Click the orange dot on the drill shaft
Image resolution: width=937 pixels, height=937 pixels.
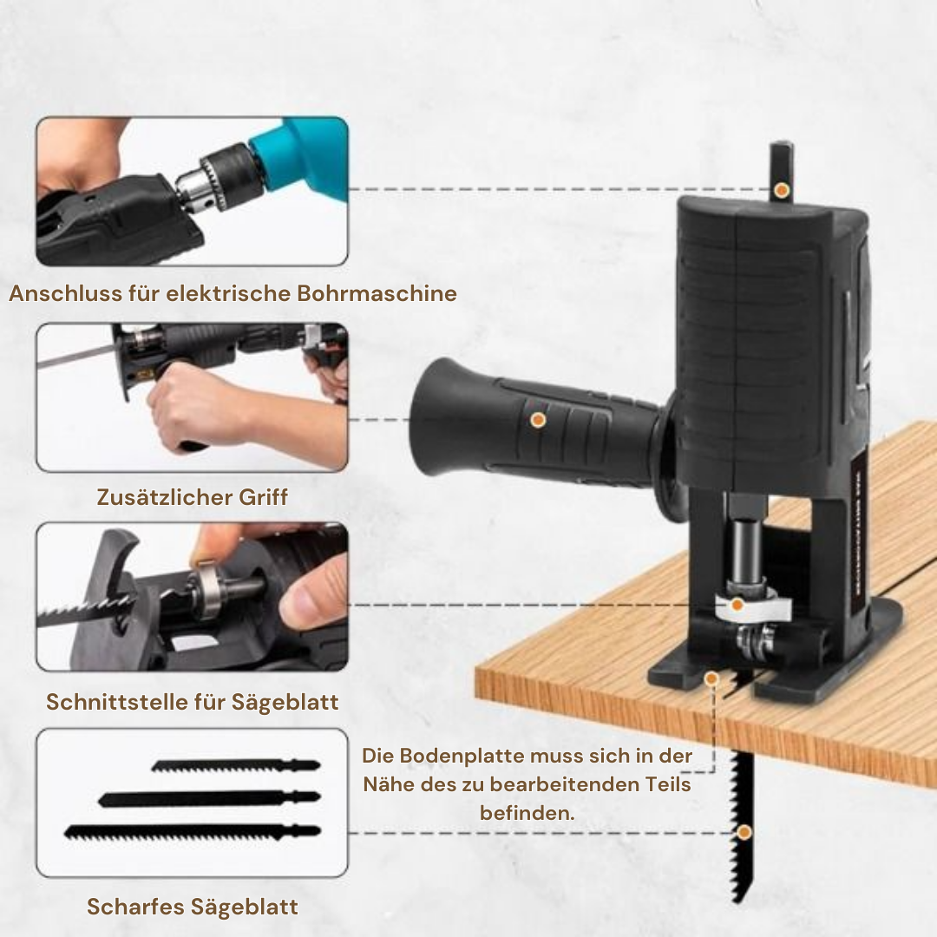point(782,189)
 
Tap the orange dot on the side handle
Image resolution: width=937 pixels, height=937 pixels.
point(538,420)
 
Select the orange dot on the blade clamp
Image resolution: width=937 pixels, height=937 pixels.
point(737,605)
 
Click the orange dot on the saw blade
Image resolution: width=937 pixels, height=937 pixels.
point(744,832)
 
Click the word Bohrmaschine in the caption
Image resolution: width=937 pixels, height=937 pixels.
point(377,293)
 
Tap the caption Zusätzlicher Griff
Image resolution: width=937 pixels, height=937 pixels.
point(192,497)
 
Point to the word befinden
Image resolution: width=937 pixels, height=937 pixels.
point(527,813)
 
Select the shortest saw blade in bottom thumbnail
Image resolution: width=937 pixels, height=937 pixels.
point(235,765)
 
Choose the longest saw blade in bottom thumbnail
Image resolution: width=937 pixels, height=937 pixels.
point(192,831)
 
